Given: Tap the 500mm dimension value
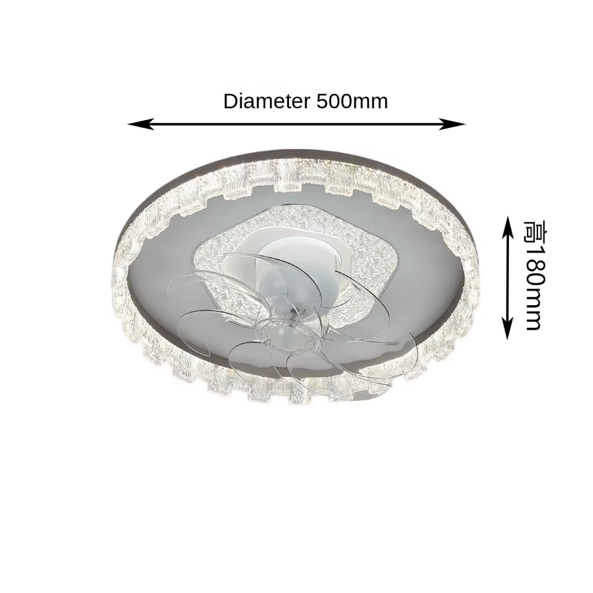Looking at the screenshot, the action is [x=352, y=101].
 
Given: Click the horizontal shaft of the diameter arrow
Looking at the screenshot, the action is [x=296, y=124].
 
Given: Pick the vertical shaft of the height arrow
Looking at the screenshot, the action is [x=508, y=278].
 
